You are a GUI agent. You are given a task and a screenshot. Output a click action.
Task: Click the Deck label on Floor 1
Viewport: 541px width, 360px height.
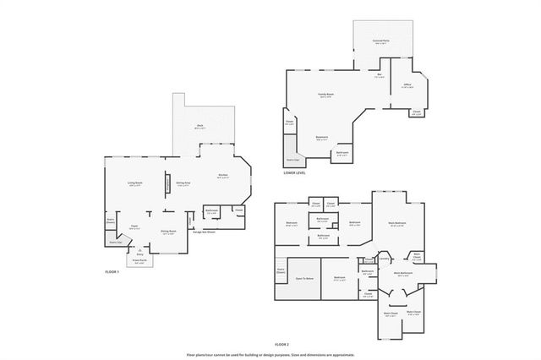[199, 127]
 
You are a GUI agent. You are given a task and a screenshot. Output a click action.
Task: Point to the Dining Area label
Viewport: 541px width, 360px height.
[183, 183]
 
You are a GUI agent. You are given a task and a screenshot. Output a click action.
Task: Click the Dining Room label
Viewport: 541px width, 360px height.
[168, 232]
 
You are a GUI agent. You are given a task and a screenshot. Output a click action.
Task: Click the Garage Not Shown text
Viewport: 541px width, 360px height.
[210, 232]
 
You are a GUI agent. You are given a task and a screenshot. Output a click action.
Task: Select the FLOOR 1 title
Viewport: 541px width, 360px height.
[112, 272]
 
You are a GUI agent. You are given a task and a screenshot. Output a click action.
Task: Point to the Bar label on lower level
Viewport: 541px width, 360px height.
[380, 77]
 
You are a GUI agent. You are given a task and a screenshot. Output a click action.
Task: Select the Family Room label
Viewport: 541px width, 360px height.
[325, 95]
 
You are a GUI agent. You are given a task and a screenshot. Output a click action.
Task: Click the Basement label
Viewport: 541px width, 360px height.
[322, 139]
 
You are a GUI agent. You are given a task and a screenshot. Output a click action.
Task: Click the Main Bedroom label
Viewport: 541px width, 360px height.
[396, 223]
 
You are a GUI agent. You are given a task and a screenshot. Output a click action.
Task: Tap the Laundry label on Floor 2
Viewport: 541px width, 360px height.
[383, 259]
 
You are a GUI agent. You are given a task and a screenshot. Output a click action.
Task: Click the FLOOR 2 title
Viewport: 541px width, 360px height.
[282, 345]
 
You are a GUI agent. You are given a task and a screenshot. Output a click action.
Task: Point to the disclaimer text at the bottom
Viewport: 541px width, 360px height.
[270, 355]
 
